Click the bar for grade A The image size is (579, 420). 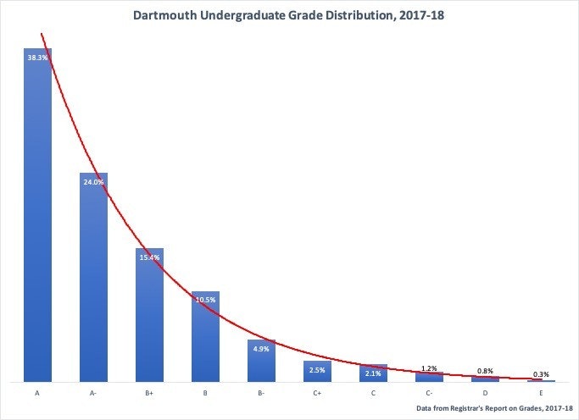[x=37, y=220]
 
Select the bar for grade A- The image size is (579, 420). [x=93, y=279]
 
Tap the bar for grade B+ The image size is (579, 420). [x=149, y=318]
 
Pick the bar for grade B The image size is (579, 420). [x=205, y=339]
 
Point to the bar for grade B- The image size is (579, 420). [x=261, y=362]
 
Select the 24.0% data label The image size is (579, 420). [x=93, y=182]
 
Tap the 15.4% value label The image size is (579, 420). [x=149, y=257]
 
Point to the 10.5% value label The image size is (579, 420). [x=205, y=300]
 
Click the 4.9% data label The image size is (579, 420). [x=261, y=348]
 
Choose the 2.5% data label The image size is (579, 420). [x=317, y=369]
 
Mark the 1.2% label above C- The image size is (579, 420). [x=429, y=368]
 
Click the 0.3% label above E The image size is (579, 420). [x=540, y=374]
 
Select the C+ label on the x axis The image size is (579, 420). [x=317, y=394]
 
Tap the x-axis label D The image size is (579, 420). [x=485, y=394]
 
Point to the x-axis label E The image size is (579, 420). [x=540, y=394]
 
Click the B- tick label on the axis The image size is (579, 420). [x=261, y=394]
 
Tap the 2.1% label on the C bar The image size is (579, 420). [x=373, y=373]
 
